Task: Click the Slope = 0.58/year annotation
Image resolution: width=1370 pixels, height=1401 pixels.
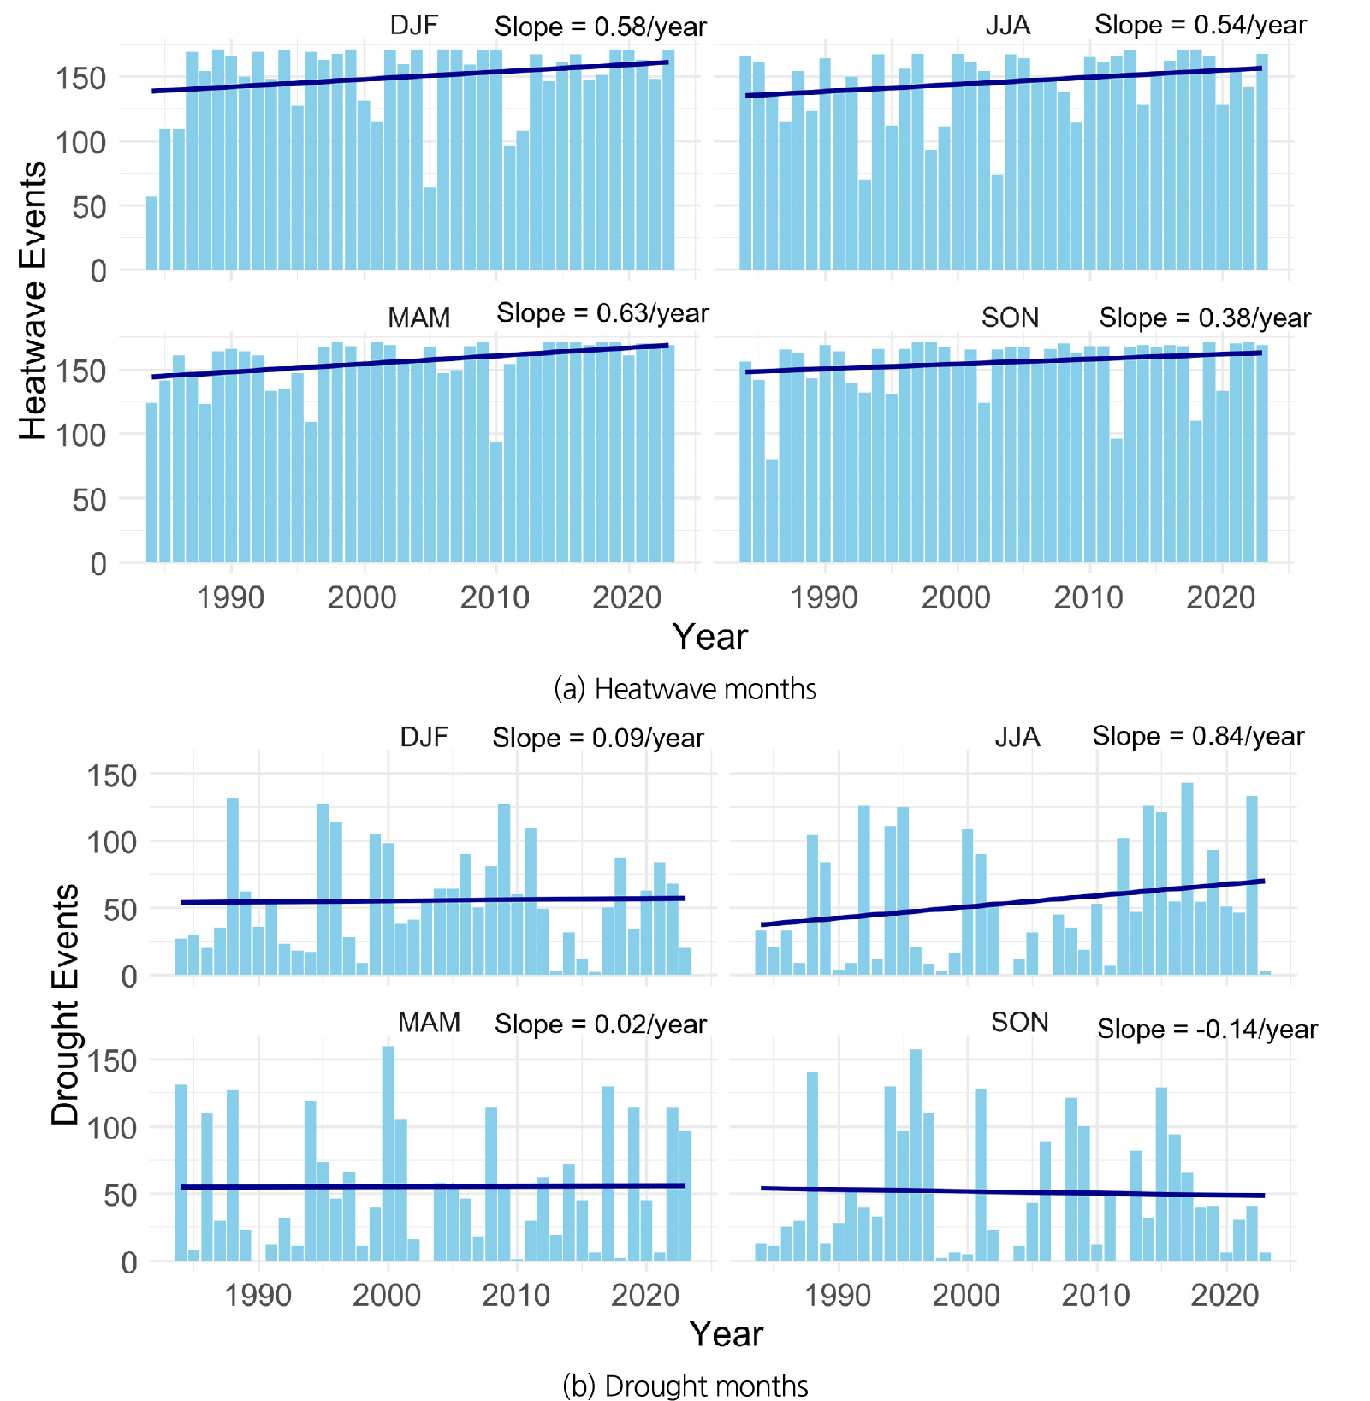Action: click(600, 27)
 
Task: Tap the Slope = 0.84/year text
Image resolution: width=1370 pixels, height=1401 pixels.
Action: click(1198, 736)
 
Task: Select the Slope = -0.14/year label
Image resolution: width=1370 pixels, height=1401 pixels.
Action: click(1207, 1029)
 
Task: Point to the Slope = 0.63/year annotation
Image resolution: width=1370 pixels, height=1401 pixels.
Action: click(602, 313)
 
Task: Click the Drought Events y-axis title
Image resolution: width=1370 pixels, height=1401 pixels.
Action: click(65, 1004)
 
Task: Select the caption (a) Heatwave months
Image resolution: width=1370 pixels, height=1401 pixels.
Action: click(685, 689)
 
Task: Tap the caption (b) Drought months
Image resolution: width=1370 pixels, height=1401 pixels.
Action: click(685, 1386)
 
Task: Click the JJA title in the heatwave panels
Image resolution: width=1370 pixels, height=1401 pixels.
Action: click(1007, 26)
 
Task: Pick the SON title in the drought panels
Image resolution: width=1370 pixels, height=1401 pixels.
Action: click(1019, 1022)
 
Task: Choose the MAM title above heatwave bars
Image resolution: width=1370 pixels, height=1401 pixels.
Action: click(418, 318)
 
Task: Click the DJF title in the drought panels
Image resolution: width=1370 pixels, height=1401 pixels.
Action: click(424, 737)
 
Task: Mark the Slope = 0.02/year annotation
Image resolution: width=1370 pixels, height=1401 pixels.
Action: click(600, 1024)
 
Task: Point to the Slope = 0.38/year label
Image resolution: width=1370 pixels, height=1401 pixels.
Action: click(1205, 318)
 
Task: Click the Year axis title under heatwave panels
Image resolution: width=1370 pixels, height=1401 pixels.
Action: click(709, 637)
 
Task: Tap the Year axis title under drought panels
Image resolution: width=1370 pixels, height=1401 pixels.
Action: click(726, 1333)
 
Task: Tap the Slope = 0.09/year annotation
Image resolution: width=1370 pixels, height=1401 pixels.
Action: click(597, 738)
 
